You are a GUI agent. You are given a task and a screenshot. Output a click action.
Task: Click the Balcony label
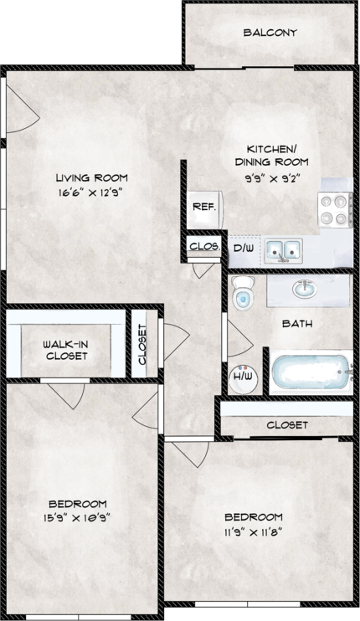[x=270, y=33]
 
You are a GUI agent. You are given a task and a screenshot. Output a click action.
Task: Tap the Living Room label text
[x=91, y=177]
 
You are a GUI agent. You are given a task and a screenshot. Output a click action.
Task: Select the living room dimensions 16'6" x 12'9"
[x=91, y=193]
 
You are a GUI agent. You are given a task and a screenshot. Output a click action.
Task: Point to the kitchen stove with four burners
[x=335, y=208]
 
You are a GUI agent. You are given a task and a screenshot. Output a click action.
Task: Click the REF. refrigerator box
[x=202, y=207]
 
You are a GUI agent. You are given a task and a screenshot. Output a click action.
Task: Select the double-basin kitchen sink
[x=284, y=249]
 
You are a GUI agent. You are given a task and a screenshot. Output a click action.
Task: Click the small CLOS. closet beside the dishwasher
[x=203, y=247]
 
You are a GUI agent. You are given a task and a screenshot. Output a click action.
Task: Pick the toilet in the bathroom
[x=243, y=294]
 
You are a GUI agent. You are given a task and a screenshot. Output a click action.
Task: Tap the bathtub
[x=309, y=372]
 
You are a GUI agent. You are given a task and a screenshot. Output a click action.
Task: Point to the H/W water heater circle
[x=243, y=377]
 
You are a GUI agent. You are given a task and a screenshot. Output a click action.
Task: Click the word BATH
[x=297, y=323]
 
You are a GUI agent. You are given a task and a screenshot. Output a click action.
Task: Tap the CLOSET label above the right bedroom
[x=287, y=425]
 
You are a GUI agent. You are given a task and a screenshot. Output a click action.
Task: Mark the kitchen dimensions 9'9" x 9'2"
[x=271, y=177]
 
